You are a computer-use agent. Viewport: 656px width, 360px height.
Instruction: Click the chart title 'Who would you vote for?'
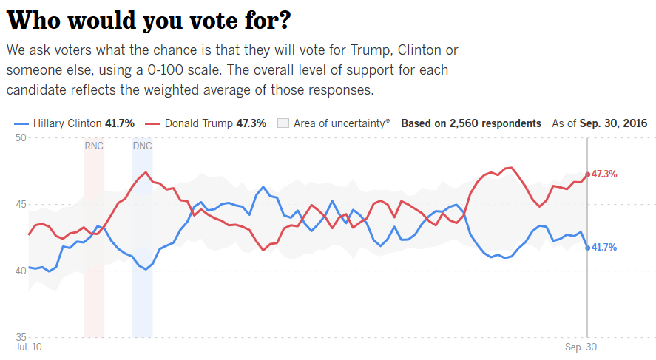[x=148, y=20]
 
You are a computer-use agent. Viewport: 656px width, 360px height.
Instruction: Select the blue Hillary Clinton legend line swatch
[x=21, y=123]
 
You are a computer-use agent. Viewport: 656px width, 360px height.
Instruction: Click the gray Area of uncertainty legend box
[x=283, y=123]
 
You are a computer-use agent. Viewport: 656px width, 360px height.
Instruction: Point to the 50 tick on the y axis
[x=21, y=138]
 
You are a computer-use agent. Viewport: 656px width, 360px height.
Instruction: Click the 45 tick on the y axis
[x=21, y=204]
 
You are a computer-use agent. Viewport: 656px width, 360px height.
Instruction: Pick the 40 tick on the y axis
[x=21, y=271]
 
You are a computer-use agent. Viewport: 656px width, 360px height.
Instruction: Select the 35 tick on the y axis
[x=21, y=336]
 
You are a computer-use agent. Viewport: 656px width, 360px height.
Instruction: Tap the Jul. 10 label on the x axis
[x=28, y=346]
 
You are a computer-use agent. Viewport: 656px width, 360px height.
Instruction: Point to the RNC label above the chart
[x=94, y=146]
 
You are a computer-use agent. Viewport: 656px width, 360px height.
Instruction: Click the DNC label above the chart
[x=142, y=146]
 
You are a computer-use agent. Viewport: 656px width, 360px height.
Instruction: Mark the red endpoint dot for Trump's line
[x=587, y=174]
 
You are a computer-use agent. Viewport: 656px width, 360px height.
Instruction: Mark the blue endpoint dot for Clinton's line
[x=587, y=248]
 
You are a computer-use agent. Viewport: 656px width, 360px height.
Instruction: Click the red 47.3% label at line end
[x=603, y=174]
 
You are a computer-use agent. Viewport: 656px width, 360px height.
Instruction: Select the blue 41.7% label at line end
[x=603, y=248]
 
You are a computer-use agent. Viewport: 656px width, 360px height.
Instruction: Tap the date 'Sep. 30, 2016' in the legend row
[x=613, y=123]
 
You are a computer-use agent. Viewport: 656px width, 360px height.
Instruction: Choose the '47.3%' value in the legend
[x=251, y=123]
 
